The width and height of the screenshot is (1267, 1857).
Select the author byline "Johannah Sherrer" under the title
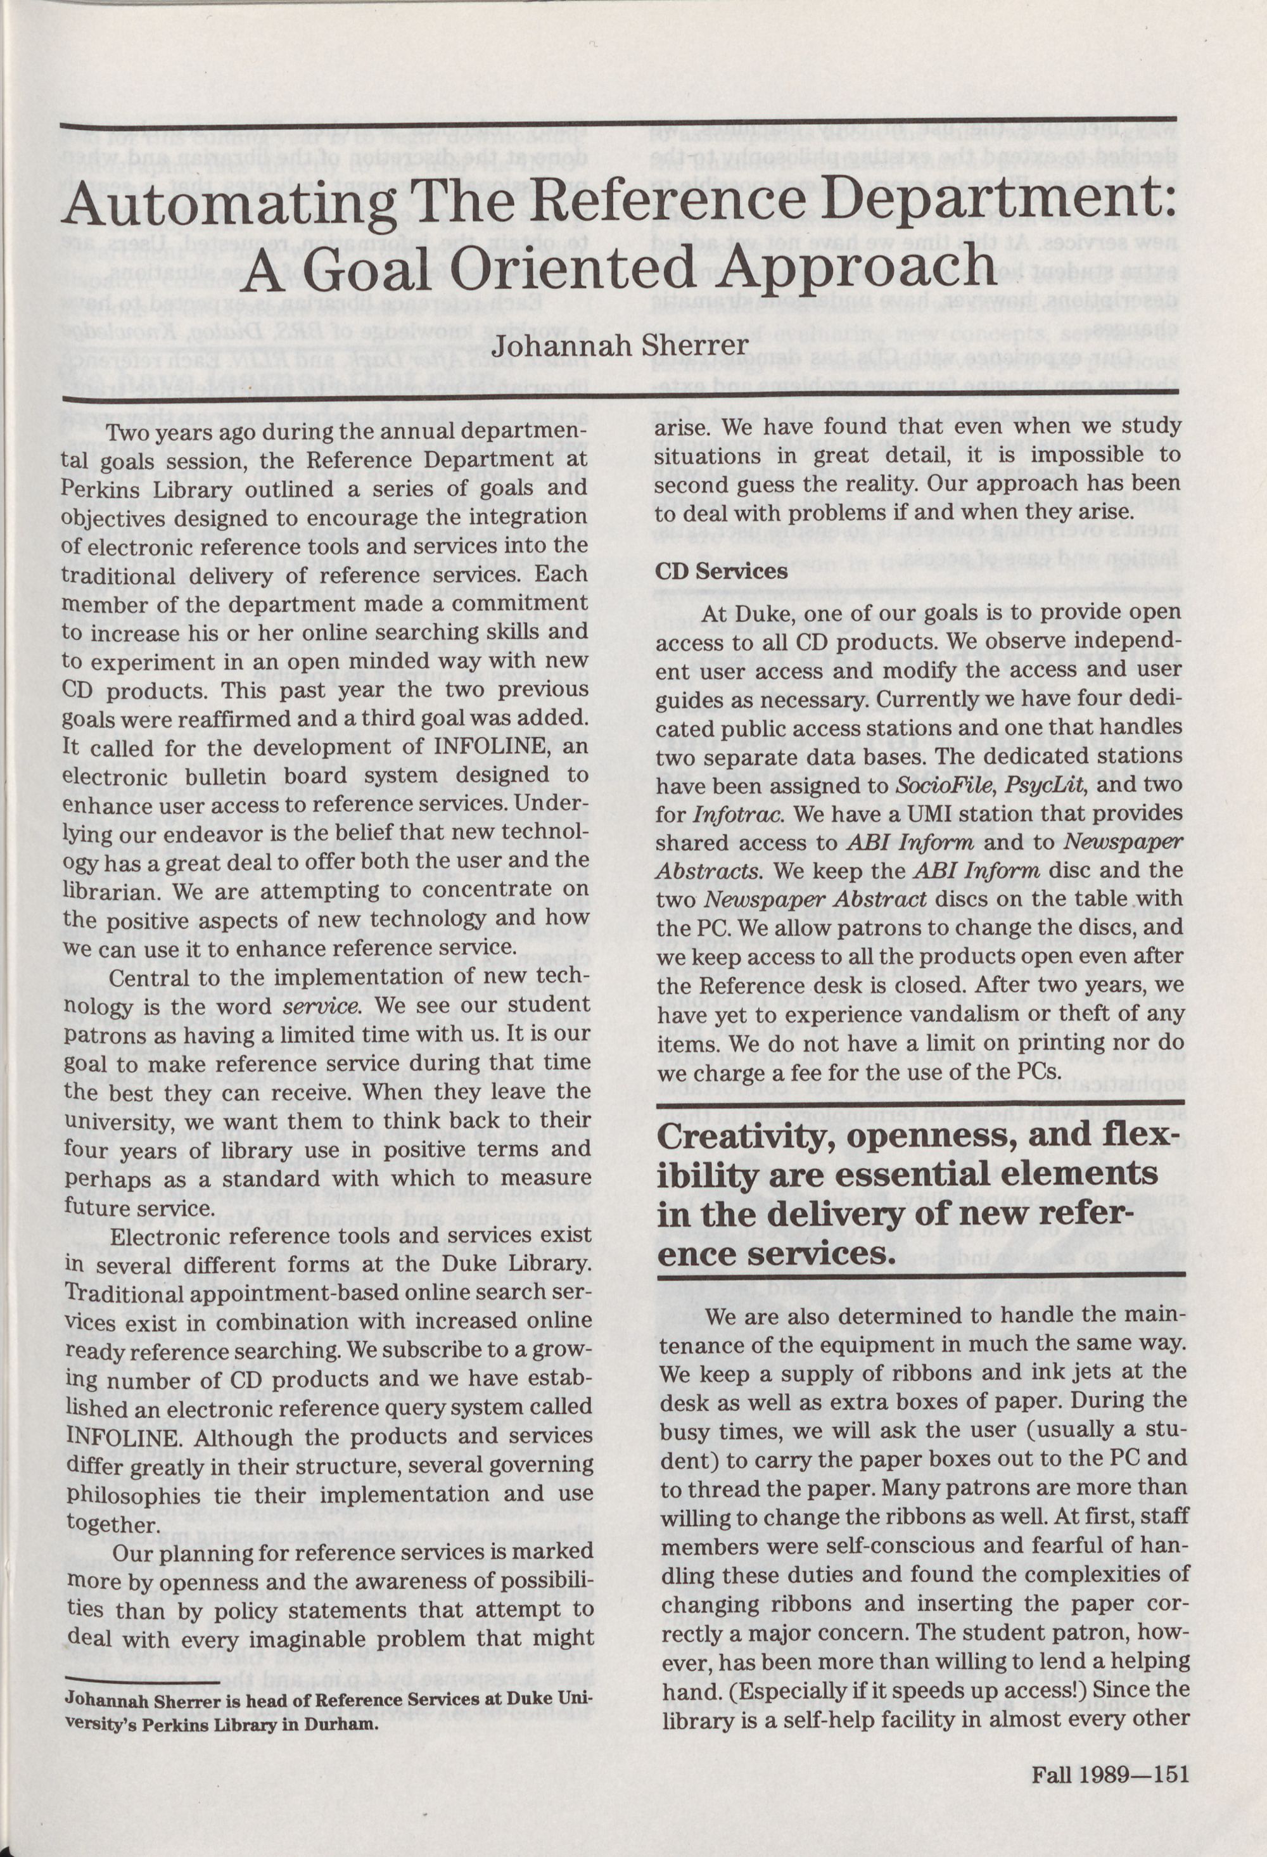pyautogui.click(x=620, y=345)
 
